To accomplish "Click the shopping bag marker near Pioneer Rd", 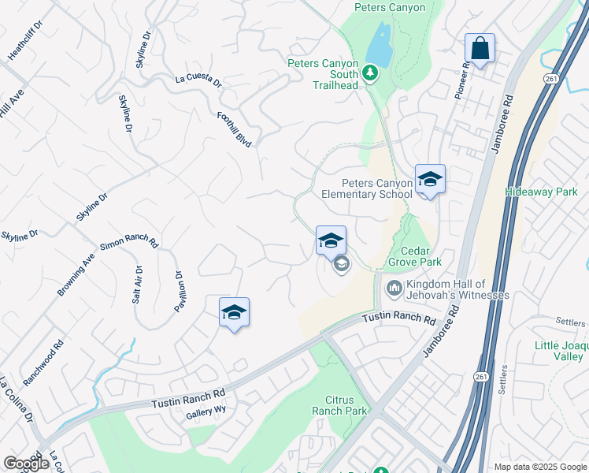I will [x=480, y=49].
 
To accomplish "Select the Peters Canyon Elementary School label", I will [x=367, y=188].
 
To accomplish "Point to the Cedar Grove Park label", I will [x=414, y=262].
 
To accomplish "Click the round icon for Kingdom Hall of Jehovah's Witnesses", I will [x=394, y=289].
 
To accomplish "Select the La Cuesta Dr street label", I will [x=198, y=80].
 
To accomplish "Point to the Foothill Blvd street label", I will [x=234, y=129].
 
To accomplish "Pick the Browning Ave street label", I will [x=76, y=275].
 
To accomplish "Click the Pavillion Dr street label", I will [x=180, y=292].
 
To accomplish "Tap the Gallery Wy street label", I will [x=206, y=412].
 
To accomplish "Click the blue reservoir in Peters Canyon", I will [x=380, y=45].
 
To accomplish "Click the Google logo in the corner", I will [x=26, y=464].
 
